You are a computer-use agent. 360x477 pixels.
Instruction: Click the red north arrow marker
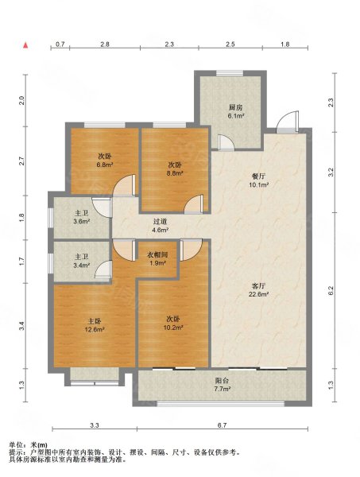tap(26, 45)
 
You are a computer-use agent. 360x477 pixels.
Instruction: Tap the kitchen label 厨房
tap(236, 107)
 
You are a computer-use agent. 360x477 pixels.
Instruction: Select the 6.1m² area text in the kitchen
tap(236, 116)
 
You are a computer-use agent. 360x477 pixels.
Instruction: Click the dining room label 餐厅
tap(258, 176)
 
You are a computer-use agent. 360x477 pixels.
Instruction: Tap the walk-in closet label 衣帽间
tap(157, 255)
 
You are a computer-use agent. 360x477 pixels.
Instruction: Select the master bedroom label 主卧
tap(95, 321)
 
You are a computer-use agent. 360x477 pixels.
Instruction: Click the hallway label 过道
tap(160, 222)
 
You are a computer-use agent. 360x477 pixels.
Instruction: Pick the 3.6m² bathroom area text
tap(82, 222)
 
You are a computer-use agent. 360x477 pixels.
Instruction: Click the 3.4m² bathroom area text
tap(82, 266)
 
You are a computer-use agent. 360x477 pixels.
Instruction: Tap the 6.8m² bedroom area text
tap(105, 165)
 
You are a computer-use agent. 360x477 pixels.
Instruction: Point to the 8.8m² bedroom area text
tap(175, 173)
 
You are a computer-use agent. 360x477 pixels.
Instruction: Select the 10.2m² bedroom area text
tap(172, 328)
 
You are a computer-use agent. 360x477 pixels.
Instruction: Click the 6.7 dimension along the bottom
tap(222, 425)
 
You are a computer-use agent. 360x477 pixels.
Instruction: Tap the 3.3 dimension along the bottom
tap(95, 425)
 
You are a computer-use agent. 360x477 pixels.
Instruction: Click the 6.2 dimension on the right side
tap(331, 290)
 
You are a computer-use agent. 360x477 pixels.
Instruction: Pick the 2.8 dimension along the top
tap(105, 45)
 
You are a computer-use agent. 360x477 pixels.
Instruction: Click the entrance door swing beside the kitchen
tap(288, 122)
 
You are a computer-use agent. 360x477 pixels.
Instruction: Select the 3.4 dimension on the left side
tap(21, 326)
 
